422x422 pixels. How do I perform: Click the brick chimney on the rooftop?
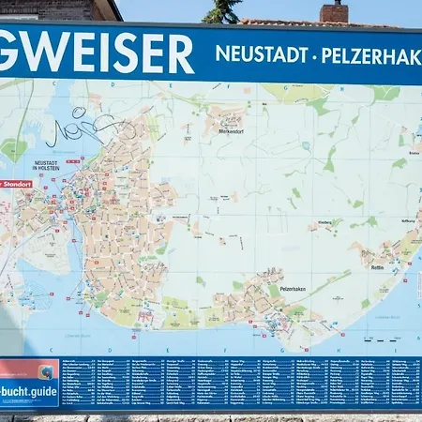334,11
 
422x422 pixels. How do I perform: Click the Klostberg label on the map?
324,222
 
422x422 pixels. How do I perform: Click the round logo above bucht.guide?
44,371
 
